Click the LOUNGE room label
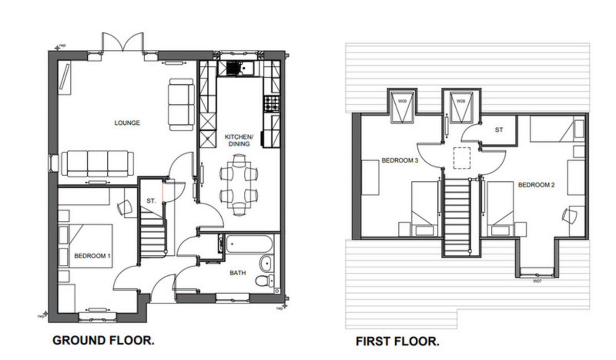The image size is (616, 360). [x=127, y=123]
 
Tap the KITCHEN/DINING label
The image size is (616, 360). [x=239, y=140]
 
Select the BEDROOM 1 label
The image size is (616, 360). [x=92, y=256]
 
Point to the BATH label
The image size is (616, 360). [x=238, y=273]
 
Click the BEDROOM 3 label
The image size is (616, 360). [x=400, y=160]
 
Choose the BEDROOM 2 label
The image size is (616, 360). [x=536, y=185]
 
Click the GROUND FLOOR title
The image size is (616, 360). [x=103, y=340]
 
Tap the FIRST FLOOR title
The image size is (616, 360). [x=397, y=341]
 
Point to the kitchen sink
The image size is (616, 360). [x=240, y=68]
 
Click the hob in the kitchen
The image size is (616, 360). [x=272, y=104]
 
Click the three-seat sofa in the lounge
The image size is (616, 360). [x=98, y=163]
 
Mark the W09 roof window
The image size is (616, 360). [x=402, y=106]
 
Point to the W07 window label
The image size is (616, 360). [x=537, y=281]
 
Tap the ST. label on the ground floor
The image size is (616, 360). [x=150, y=201]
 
